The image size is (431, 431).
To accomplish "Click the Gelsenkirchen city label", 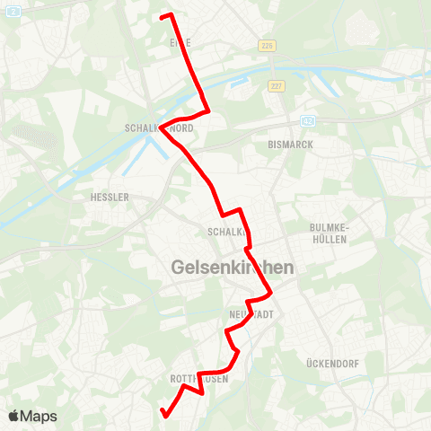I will tap(232, 268).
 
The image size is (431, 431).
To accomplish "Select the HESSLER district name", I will tap(110, 197).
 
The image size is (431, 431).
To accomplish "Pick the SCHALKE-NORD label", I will tap(159, 128).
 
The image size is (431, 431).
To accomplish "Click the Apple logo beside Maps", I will tap(14, 416).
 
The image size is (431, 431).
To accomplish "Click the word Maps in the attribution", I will tap(40, 417).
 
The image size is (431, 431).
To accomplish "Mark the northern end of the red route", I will tap(162, 16).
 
